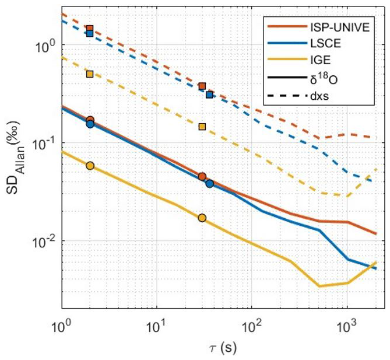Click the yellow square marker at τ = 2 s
coord(90,74)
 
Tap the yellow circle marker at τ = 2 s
coord(90,166)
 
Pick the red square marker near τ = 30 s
coord(202,86)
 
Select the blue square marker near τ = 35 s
coord(209,95)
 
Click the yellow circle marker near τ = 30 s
coord(202,218)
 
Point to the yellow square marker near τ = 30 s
coord(202,127)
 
